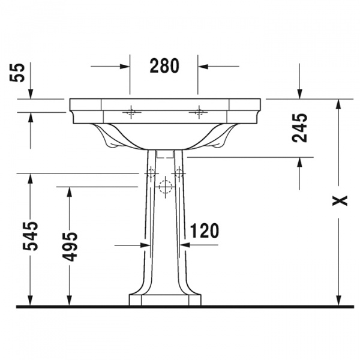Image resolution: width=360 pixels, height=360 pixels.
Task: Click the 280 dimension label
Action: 164,66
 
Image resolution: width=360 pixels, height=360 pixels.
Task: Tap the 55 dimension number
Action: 17,73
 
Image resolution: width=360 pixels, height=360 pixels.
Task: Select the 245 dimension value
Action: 299,128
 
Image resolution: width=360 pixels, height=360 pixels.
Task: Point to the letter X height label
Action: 340,200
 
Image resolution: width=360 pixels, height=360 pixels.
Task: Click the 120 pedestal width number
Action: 205,230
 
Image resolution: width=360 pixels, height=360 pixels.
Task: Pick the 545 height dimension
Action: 31,236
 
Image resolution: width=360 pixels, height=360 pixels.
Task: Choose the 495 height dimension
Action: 70,247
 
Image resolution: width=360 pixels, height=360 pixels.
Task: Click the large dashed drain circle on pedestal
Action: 166,187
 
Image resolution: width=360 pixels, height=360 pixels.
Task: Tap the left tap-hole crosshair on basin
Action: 131,112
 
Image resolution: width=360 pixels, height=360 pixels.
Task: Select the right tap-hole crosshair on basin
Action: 199,112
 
